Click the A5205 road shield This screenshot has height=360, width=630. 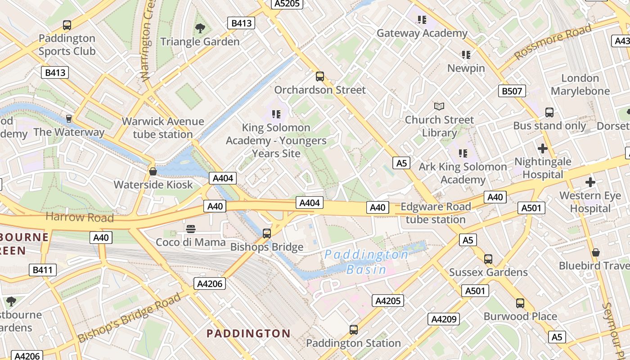point(287,4)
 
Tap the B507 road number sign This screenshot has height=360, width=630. point(512,91)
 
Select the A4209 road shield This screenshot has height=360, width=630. point(444,319)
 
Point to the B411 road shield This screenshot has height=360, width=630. point(43,270)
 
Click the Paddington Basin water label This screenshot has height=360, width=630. point(366,262)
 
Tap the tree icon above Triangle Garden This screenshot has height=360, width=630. point(200,28)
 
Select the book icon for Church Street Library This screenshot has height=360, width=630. point(439,106)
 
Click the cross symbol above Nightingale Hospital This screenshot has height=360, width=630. point(543,148)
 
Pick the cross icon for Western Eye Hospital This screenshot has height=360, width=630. point(590,182)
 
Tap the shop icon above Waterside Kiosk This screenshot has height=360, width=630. point(153,171)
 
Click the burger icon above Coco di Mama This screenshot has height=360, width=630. point(191,229)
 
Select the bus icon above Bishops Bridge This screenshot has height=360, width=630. point(267,233)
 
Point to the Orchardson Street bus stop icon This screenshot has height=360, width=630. point(320,76)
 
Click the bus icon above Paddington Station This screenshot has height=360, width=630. point(354,330)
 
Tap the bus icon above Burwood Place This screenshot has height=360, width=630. point(520,303)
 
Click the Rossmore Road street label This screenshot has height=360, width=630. point(553,42)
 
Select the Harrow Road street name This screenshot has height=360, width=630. point(80,217)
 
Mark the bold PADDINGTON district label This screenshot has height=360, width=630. point(248,333)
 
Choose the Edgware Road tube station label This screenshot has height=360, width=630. point(436,213)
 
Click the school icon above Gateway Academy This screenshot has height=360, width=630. point(422,20)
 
